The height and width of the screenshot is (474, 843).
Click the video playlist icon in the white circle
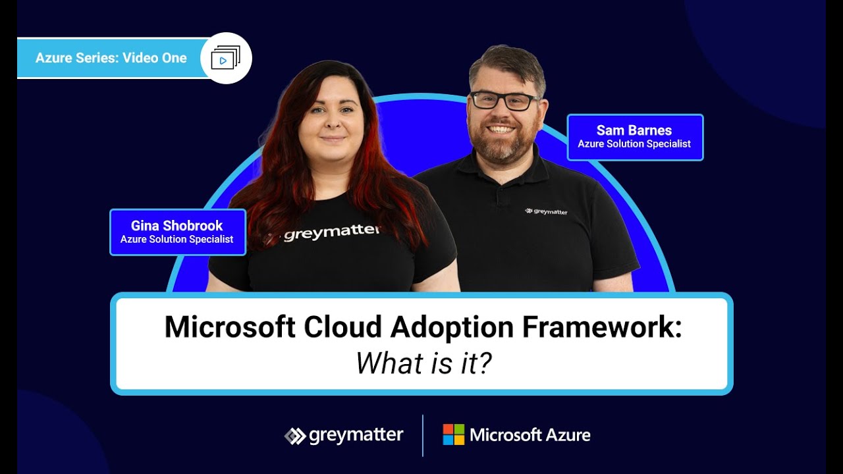pos(225,58)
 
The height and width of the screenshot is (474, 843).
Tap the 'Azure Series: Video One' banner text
pos(111,58)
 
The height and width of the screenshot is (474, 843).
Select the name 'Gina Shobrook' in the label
pos(177,226)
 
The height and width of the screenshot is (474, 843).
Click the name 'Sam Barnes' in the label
pos(634,130)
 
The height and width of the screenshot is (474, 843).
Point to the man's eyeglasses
pos(504,101)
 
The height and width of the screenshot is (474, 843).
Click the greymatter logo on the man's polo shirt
pos(546,211)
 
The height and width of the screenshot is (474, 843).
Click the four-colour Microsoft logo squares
pos(453,434)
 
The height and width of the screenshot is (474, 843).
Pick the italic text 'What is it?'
pos(423,363)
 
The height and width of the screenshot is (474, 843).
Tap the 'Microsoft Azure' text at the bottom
pos(530,434)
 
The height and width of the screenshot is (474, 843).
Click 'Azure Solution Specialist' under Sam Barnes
pos(634,144)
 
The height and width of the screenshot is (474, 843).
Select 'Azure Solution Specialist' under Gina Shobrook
pos(177,240)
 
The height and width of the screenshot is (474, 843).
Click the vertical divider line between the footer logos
pos(422,435)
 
